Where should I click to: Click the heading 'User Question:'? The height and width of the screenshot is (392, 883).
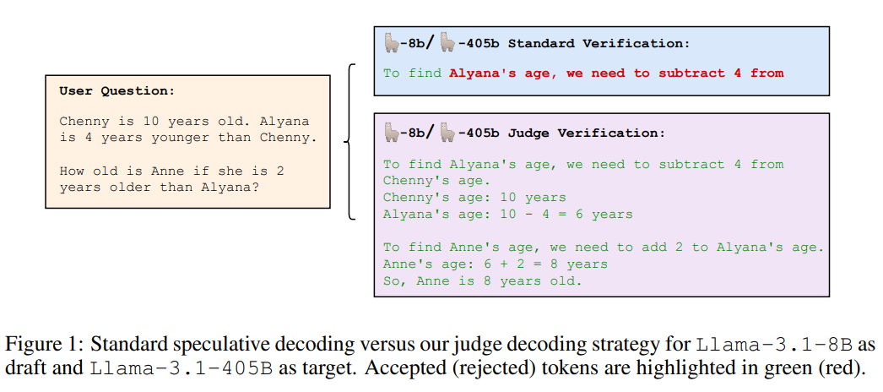point(117,91)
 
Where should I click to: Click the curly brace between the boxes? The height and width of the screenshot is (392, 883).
point(350,141)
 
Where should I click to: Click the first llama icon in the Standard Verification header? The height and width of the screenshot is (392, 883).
point(392,42)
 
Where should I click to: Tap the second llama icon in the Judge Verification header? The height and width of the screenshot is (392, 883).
point(448,132)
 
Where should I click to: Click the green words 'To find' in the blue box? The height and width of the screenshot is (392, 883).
point(412,73)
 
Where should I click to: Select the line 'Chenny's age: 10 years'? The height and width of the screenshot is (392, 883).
point(474,198)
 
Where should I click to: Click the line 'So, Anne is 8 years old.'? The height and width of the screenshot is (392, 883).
point(483,281)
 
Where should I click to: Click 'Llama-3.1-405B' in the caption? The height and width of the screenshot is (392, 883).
point(181,368)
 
